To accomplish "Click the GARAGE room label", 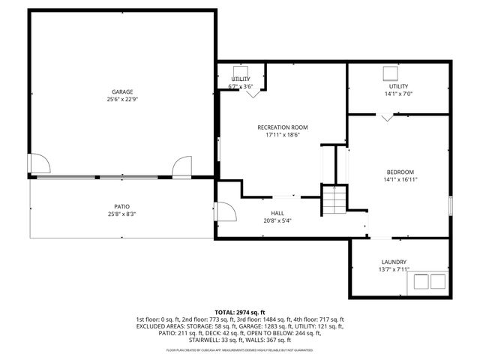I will [x=122, y=91].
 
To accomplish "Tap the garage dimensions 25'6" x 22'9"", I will [x=122, y=99].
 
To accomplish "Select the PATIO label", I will [x=122, y=206].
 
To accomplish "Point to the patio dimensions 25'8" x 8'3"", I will [x=122, y=214].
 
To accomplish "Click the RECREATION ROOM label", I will [x=282, y=127].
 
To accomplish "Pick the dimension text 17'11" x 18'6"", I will [x=282, y=135].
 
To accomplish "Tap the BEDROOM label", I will [x=400, y=172].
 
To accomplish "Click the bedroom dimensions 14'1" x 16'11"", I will [x=400, y=179].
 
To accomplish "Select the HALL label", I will [x=277, y=213].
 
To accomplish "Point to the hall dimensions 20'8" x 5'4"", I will [x=277, y=220].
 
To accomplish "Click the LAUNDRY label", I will [x=394, y=262].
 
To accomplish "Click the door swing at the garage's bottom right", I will [x=182, y=166].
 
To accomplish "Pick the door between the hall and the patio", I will [x=223, y=212].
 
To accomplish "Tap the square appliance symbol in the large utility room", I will [x=391, y=73].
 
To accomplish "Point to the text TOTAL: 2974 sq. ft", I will [x=240, y=312].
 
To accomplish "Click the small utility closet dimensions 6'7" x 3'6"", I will [x=240, y=86].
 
